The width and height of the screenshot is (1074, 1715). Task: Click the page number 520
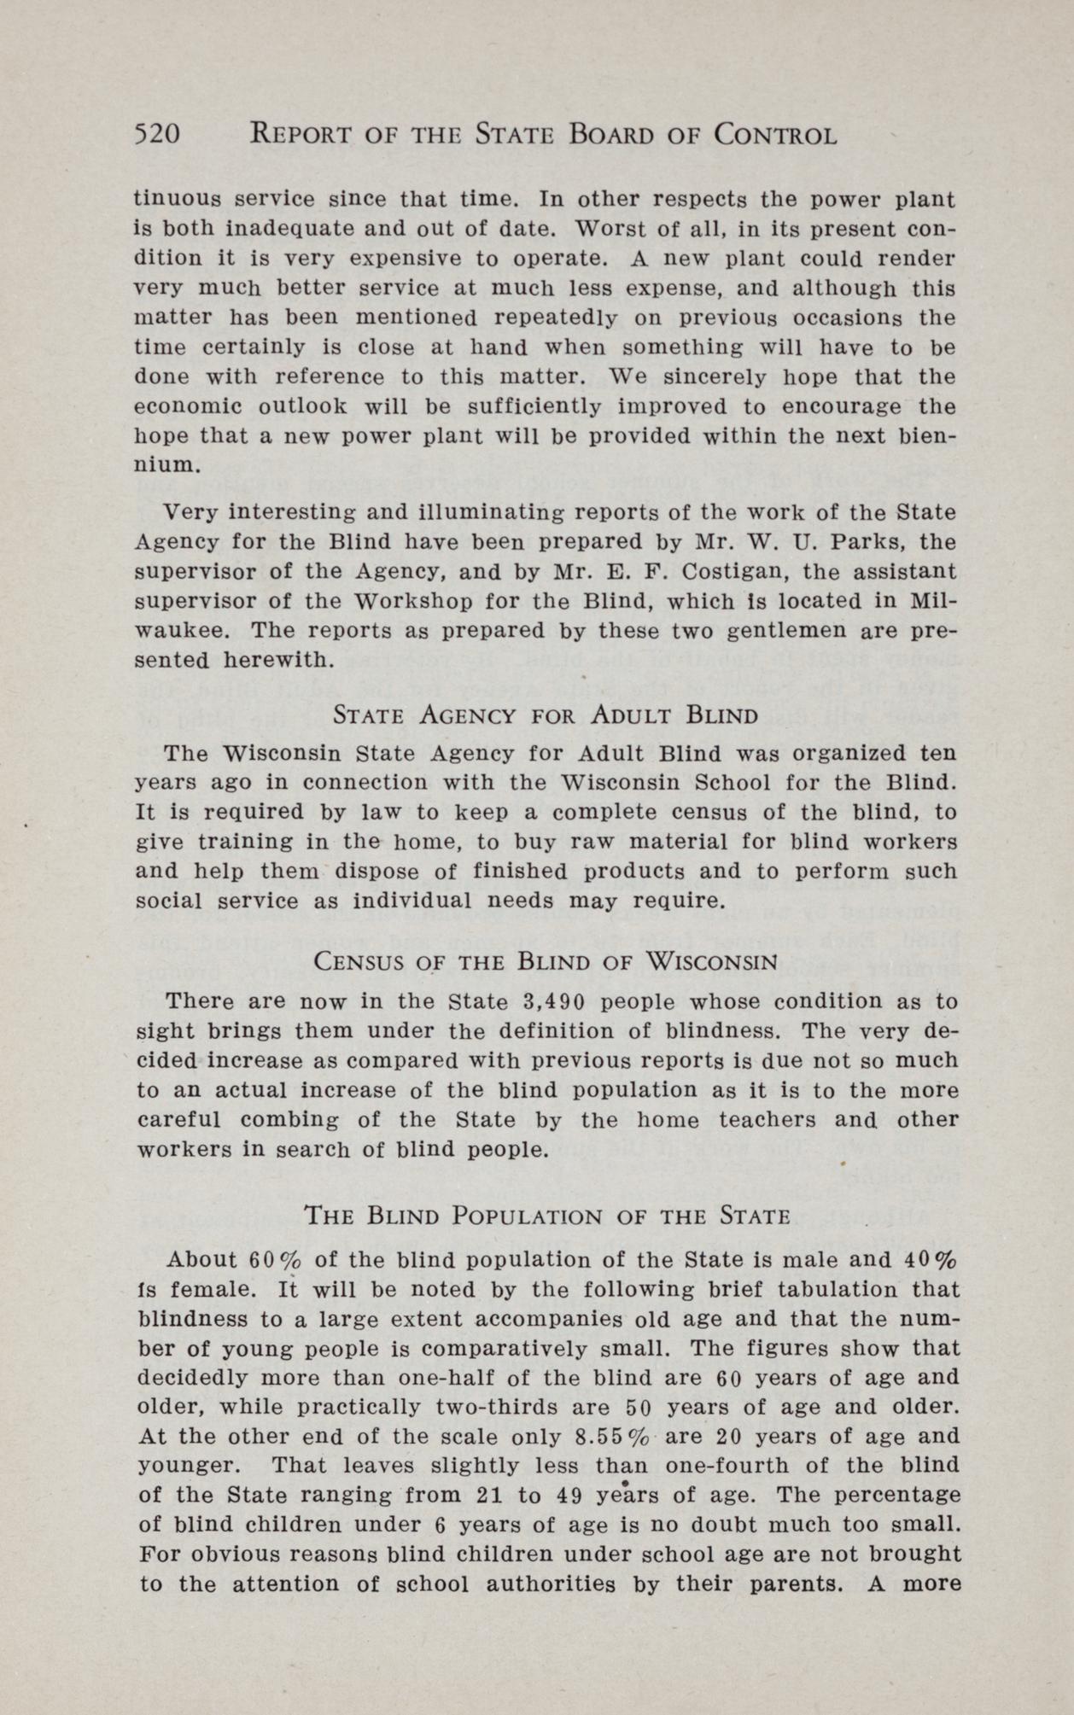coord(157,135)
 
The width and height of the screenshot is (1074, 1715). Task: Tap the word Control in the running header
coord(774,135)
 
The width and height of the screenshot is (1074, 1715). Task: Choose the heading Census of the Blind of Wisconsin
coord(546,961)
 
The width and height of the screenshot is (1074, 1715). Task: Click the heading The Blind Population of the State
coord(546,1215)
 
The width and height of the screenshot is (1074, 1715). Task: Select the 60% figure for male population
coord(270,1260)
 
